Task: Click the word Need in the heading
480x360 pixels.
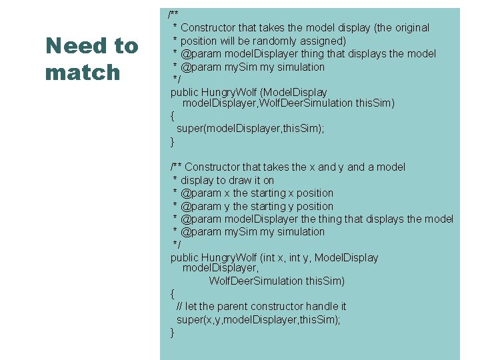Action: coord(71,46)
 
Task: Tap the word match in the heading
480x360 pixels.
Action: coord(83,72)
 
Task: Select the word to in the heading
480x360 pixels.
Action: coord(125,46)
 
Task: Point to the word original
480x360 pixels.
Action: coord(412,28)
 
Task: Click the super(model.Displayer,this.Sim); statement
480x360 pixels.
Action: coord(251,129)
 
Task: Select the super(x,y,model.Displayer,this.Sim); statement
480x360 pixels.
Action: coord(259,320)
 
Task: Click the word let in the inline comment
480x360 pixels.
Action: coord(191,307)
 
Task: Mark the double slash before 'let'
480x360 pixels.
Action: coord(180,307)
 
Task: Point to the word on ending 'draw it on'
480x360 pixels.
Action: coord(268,181)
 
